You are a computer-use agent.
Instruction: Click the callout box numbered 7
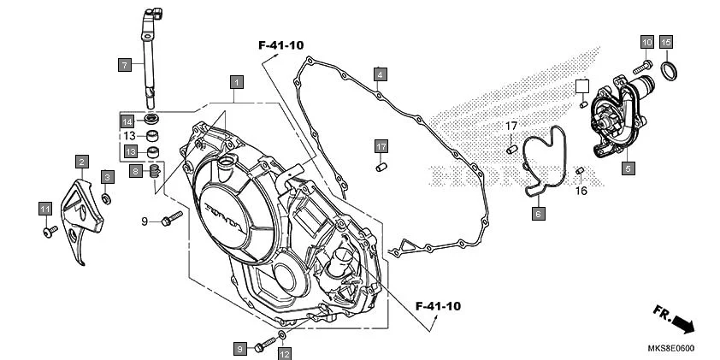pyautogui.click(x=124, y=64)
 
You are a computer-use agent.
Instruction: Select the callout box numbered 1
pyautogui.click(x=236, y=82)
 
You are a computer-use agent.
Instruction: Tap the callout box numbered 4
pyautogui.click(x=380, y=74)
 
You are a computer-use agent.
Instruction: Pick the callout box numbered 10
pyautogui.click(x=646, y=42)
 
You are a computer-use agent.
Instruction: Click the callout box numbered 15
pyautogui.click(x=666, y=42)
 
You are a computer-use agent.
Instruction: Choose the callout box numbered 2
pyautogui.click(x=82, y=161)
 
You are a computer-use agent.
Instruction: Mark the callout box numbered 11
pyautogui.click(x=45, y=209)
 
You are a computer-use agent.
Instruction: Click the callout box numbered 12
pyautogui.click(x=284, y=353)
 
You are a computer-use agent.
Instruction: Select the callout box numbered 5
pyautogui.click(x=627, y=168)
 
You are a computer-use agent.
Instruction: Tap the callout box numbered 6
pyautogui.click(x=538, y=214)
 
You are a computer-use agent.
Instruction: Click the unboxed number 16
pyautogui.click(x=581, y=191)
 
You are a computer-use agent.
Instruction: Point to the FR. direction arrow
pyautogui.click(x=675, y=318)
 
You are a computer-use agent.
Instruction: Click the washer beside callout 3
pyautogui.click(x=106, y=198)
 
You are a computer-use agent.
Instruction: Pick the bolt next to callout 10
pyautogui.click(x=641, y=66)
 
